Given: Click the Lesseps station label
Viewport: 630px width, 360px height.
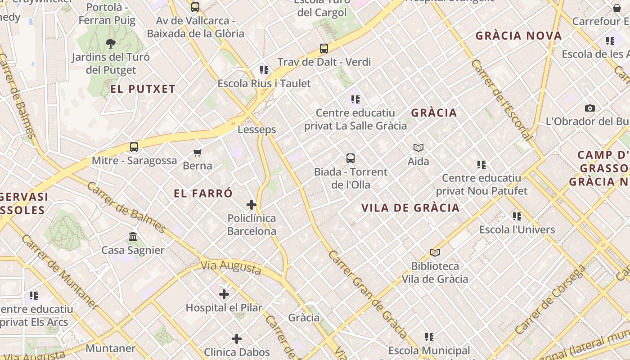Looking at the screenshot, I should [256, 130].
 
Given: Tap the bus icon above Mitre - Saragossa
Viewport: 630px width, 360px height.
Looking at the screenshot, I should [134, 147].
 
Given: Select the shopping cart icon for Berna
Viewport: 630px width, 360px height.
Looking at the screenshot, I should [197, 153].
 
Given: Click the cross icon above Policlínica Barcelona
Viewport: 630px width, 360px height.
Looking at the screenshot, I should [252, 205].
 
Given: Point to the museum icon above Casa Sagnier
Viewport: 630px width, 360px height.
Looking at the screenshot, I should [133, 237].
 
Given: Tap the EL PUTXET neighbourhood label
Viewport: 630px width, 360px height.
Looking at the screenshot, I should [143, 89].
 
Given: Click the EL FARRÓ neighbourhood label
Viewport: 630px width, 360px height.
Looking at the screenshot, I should [203, 193].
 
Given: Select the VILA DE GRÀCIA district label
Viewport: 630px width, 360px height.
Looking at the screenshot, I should [411, 207].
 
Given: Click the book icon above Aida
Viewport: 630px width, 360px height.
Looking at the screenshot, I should [418, 148].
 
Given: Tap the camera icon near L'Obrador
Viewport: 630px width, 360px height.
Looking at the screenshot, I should [589, 108].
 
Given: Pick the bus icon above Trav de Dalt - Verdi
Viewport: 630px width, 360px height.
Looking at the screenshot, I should [324, 49].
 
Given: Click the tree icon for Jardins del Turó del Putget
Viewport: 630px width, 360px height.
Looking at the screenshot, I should [111, 44].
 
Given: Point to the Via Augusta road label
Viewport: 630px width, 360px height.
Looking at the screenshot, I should [231, 267].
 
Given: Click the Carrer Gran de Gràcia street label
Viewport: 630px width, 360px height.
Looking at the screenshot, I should [368, 294].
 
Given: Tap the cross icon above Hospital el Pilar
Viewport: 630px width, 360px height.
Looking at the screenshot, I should [224, 294].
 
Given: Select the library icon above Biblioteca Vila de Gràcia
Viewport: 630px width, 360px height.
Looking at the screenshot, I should [435, 253].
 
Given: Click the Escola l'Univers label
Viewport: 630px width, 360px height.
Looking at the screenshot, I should [517, 230].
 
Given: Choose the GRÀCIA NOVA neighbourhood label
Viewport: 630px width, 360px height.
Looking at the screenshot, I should [519, 36].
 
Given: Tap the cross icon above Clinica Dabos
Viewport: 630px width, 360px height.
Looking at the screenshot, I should [237, 339].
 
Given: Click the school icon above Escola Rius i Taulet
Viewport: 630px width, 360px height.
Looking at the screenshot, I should [264, 70].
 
